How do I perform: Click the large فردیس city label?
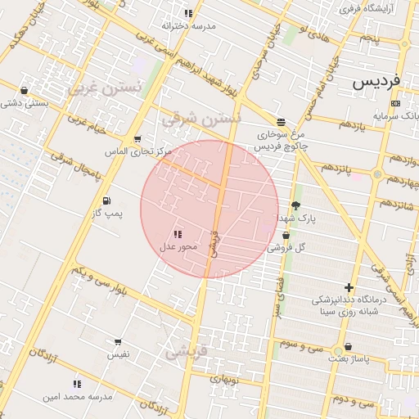[377, 83]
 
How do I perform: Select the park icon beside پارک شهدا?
[295, 206]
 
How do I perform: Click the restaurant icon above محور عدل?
[178, 234]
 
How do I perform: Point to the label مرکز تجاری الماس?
[139, 151]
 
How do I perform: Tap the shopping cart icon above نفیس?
[118, 342]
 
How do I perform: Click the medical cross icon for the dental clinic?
[349, 287]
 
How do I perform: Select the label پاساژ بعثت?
[345, 358]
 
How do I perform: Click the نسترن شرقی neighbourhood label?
[201, 119]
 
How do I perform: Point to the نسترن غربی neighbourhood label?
[106, 87]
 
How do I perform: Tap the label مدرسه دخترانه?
[188, 26]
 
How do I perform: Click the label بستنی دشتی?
[25, 103]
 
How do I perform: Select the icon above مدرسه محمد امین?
[77, 383]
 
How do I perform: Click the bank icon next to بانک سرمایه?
[396, 104]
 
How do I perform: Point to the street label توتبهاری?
[223, 379]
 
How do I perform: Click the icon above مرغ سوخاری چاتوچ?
[281, 121]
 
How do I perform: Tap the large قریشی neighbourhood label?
[187, 353]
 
